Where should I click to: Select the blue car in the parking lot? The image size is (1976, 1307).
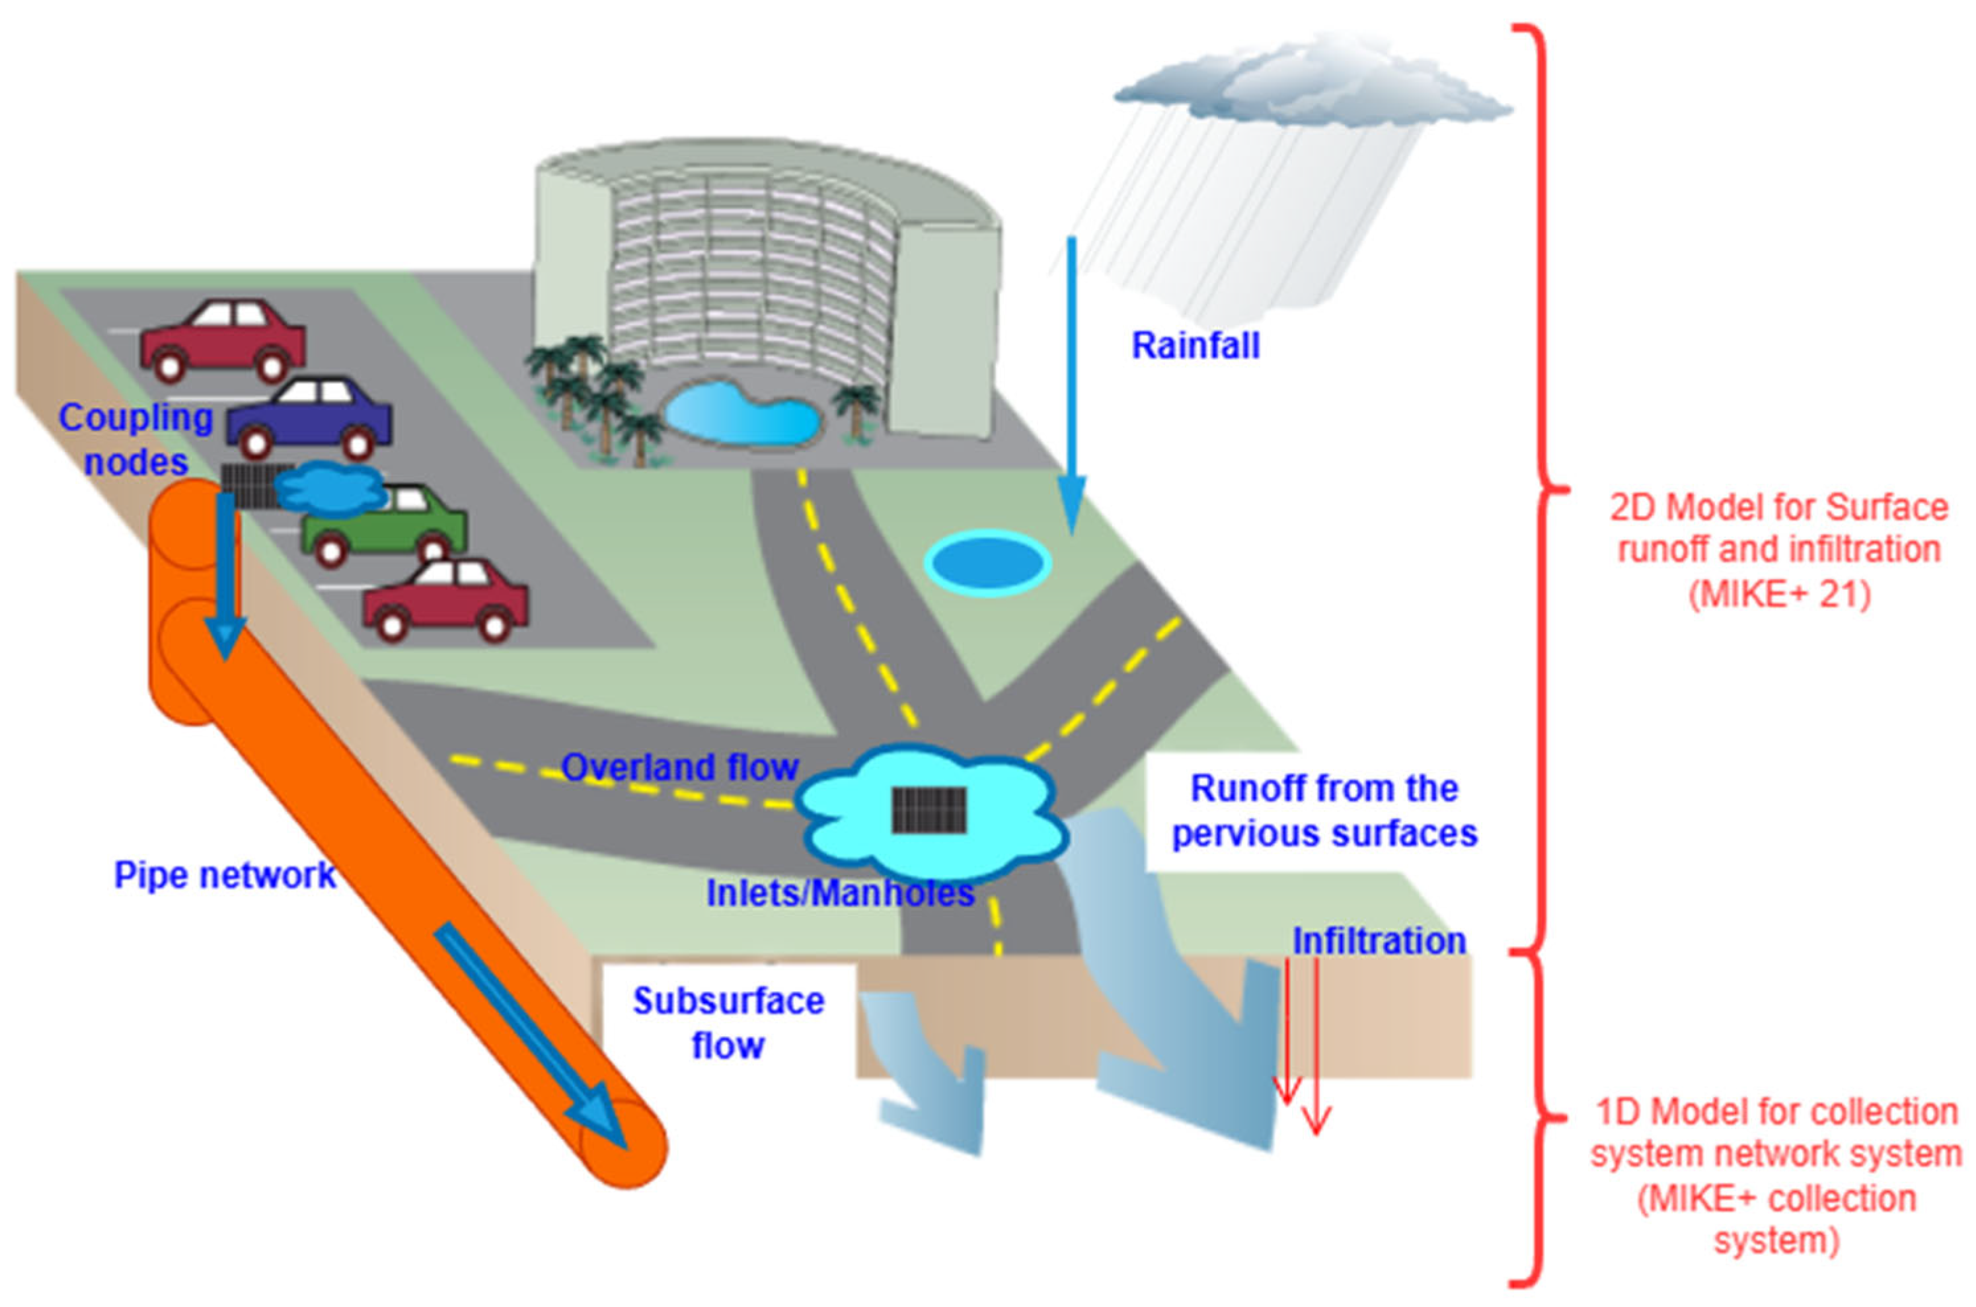pyautogui.click(x=309, y=418)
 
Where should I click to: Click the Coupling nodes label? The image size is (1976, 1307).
pyautogui.click(x=136, y=439)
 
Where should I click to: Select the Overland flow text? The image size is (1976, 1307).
pyautogui.click(x=679, y=768)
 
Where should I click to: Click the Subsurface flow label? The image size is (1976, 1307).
pyautogui.click(x=728, y=1023)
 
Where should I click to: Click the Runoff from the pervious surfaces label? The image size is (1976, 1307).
pyautogui.click(x=1324, y=810)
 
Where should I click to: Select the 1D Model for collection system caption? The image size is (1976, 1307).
pyautogui.click(x=1776, y=1176)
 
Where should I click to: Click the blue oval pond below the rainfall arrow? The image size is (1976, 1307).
pyautogui.click(x=988, y=564)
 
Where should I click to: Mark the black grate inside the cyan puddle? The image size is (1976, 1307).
pyautogui.click(x=929, y=809)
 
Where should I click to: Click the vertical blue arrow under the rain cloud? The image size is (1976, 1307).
pyautogui.click(x=1072, y=383)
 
